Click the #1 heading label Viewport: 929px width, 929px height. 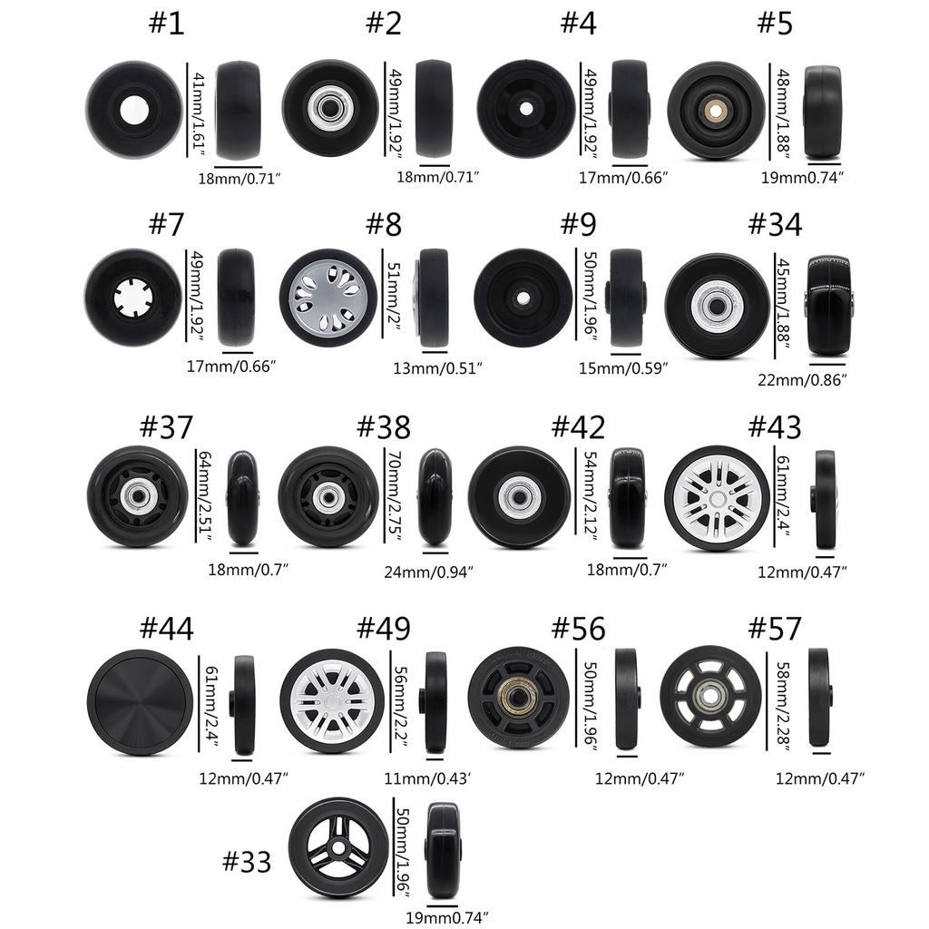point(167,23)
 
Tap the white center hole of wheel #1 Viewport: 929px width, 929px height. point(134,110)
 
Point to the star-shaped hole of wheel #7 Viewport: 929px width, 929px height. point(133,297)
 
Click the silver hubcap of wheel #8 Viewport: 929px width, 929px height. point(327,298)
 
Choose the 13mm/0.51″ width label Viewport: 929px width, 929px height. point(438,368)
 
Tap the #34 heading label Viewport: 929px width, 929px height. point(775,225)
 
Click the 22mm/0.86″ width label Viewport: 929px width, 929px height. point(802,380)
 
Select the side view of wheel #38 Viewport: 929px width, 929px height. point(435,497)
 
